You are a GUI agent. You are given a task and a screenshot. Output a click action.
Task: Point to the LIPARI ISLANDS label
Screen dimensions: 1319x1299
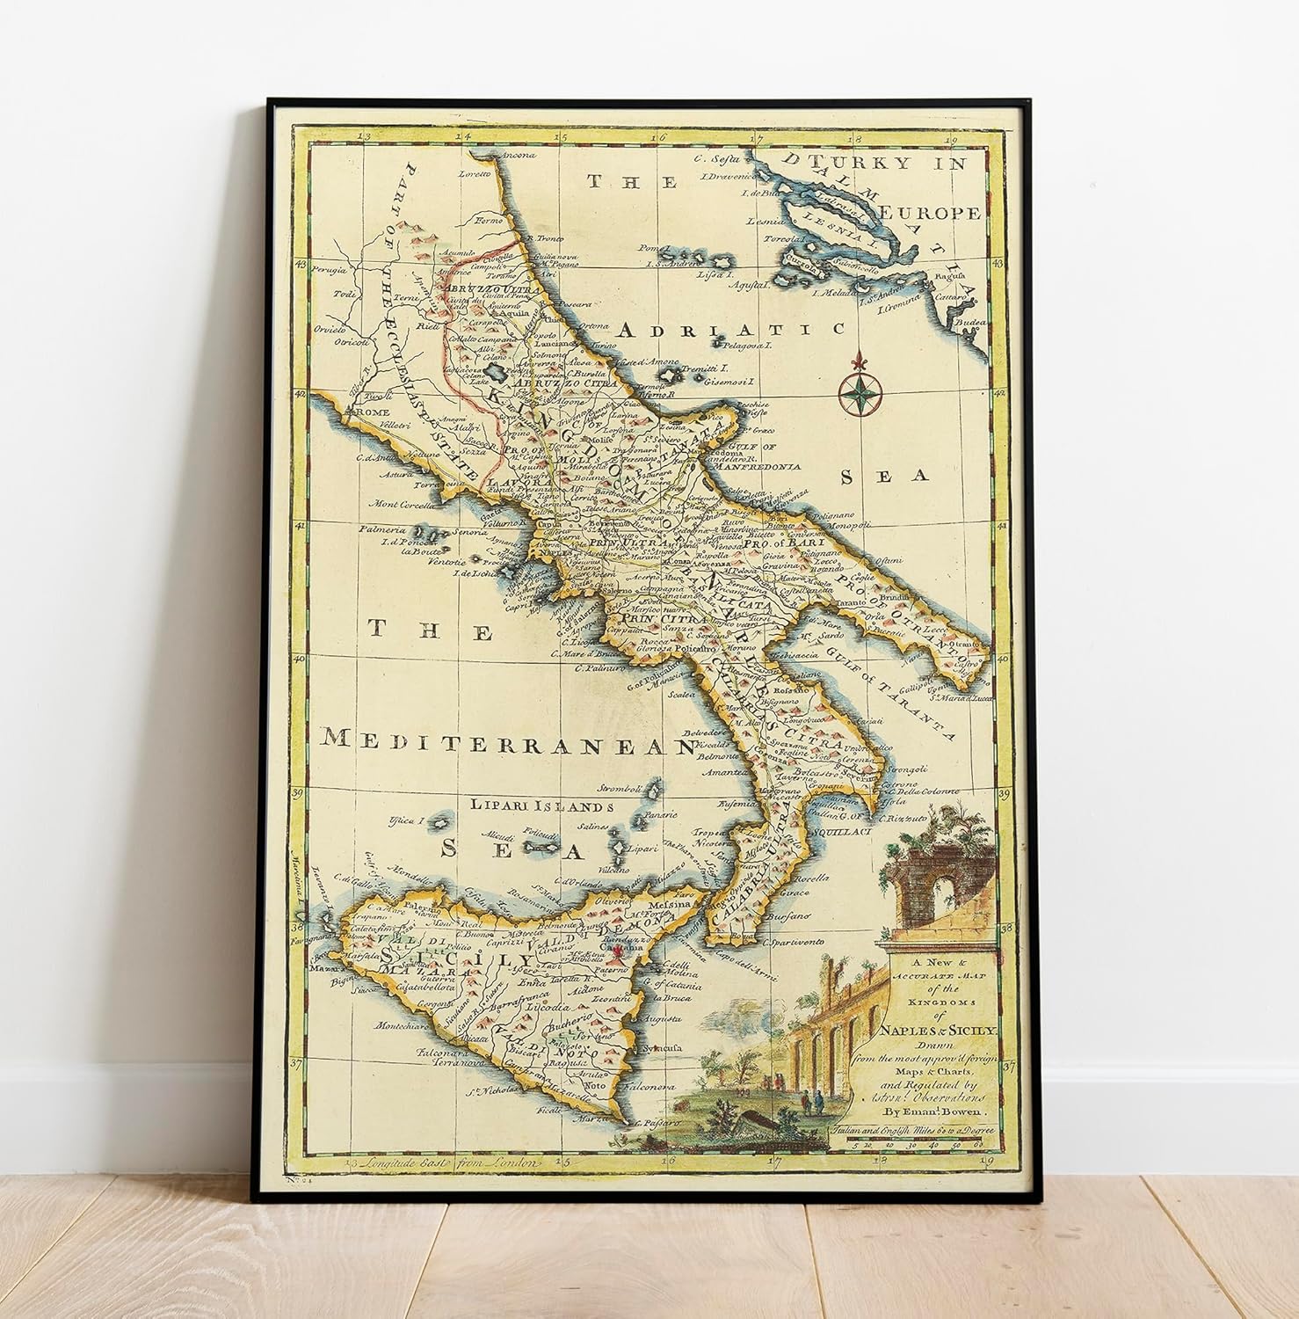(540, 805)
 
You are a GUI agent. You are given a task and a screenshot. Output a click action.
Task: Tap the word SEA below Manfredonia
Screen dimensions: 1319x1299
(885, 477)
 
